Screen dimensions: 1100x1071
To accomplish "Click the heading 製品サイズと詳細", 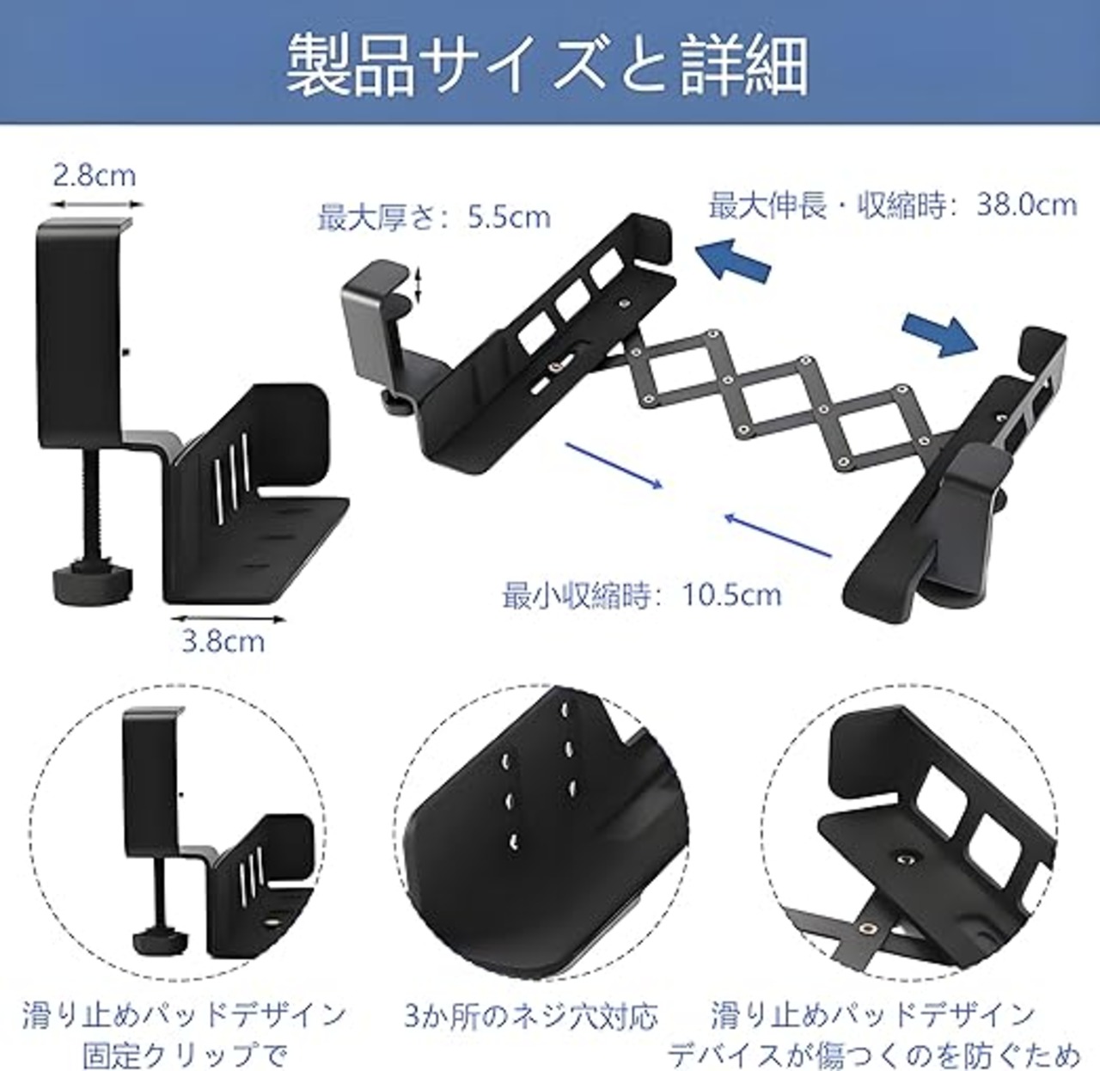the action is tap(547, 66).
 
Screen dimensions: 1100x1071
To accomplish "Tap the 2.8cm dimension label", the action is tap(95, 175).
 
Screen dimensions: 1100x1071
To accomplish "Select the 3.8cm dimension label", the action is tap(223, 642).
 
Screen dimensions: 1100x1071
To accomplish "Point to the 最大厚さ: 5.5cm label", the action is tap(434, 217).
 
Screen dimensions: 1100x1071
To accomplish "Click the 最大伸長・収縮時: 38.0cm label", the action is tap(893, 205).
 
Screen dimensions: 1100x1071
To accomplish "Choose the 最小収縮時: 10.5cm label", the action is tap(642, 594).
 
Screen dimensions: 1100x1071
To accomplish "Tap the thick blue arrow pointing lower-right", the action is tap(939, 336).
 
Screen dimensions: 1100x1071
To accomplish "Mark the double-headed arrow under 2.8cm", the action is tap(96, 205).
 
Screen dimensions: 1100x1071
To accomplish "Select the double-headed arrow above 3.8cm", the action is tap(228, 619).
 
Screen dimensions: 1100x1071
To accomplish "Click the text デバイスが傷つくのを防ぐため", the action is tap(874, 1054).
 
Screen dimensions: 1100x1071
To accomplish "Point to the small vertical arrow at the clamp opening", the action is tap(419, 285).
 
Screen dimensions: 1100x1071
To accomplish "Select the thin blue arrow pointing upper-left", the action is tap(778, 535).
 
